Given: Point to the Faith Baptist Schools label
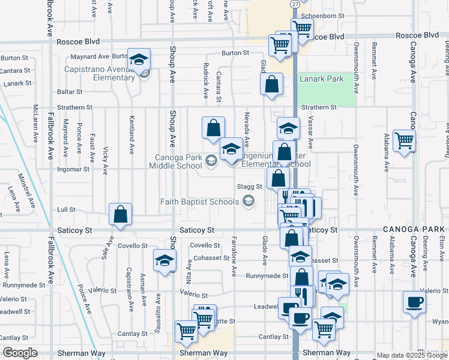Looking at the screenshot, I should (x=199, y=202).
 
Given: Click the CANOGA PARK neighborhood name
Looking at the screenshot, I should (x=414, y=229).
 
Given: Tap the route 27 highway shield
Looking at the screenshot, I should (x=294, y=4).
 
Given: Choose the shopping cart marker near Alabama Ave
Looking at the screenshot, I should (x=405, y=141).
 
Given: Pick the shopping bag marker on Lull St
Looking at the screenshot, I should (x=120, y=214).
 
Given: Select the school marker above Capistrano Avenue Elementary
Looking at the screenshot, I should (x=139, y=59).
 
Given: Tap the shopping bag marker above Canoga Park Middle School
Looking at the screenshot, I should (x=213, y=128).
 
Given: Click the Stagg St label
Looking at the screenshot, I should (x=250, y=187).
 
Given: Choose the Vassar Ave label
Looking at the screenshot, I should (x=310, y=134).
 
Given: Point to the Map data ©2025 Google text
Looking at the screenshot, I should (x=412, y=355).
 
